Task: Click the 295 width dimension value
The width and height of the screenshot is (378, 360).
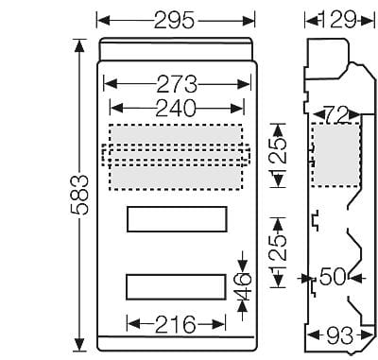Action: (x=174, y=21)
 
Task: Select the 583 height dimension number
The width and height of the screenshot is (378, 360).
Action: (x=78, y=195)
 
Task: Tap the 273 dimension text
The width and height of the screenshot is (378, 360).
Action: (x=177, y=84)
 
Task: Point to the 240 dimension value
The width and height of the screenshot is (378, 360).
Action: (x=177, y=109)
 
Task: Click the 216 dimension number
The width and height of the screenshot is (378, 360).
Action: (x=176, y=324)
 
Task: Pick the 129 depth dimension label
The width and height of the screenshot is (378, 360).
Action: (x=338, y=21)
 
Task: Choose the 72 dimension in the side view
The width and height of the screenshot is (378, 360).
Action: (x=336, y=115)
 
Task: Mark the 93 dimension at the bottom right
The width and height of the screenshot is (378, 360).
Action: (x=339, y=335)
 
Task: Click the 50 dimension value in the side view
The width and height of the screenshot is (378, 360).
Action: (x=333, y=277)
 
